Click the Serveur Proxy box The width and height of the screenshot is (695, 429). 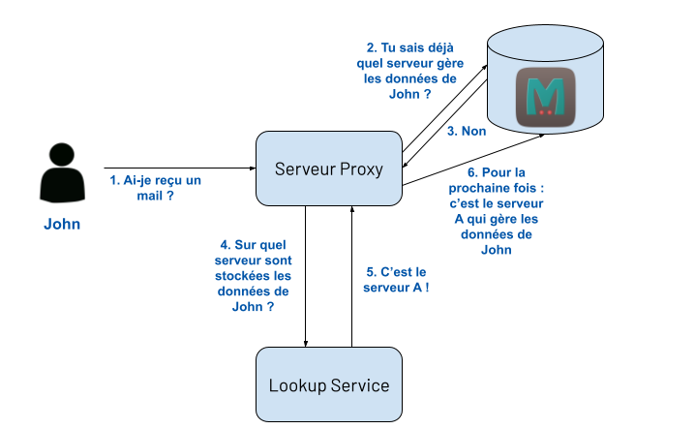[328, 169]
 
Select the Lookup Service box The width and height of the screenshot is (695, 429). [328, 384]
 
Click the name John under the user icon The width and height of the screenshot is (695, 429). [62, 225]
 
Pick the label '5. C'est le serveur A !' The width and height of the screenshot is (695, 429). [397, 281]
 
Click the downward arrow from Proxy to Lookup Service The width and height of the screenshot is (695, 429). [306, 276]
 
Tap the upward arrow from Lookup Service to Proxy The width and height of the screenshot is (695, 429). [351, 276]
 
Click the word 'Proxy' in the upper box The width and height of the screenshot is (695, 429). [362, 169]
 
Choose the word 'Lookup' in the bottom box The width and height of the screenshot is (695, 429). [297, 384]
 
